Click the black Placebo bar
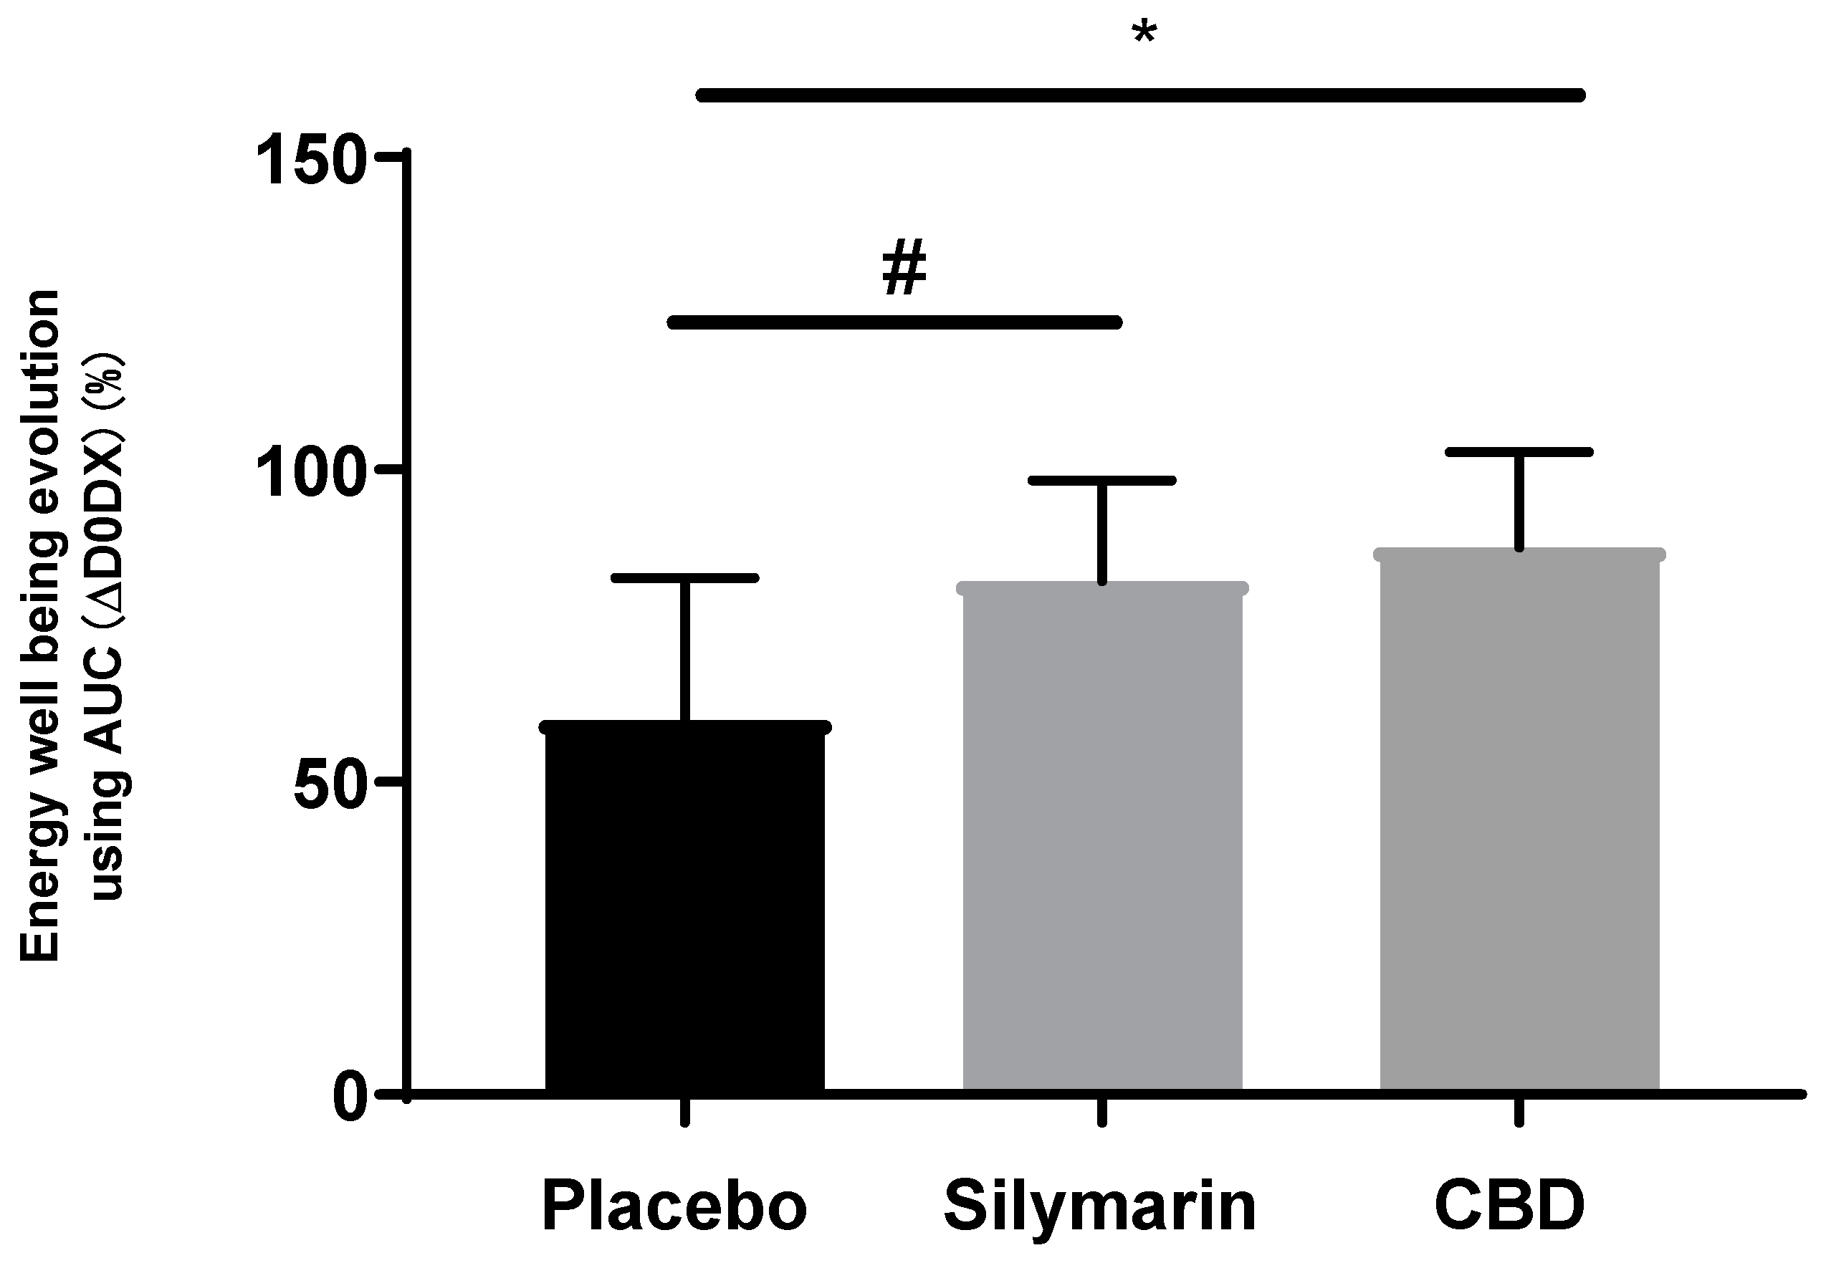click(x=684, y=910)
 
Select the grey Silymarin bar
click(x=1101, y=839)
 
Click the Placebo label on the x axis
click(x=674, y=1206)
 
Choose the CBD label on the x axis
click(x=1509, y=1206)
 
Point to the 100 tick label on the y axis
click(x=312, y=472)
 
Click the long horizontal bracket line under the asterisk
click(x=1139, y=96)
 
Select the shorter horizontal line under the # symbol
click(x=894, y=322)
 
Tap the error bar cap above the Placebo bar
click(x=684, y=577)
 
